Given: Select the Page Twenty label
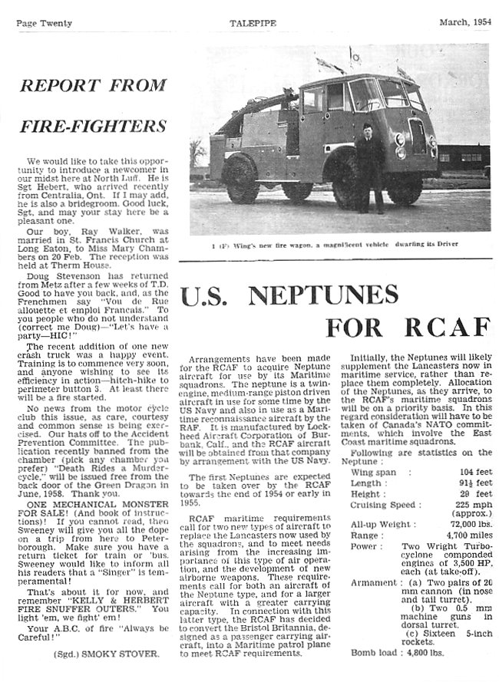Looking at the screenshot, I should pyautogui.click(x=44, y=23).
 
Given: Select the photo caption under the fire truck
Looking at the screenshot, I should pyautogui.click(x=339, y=245).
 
